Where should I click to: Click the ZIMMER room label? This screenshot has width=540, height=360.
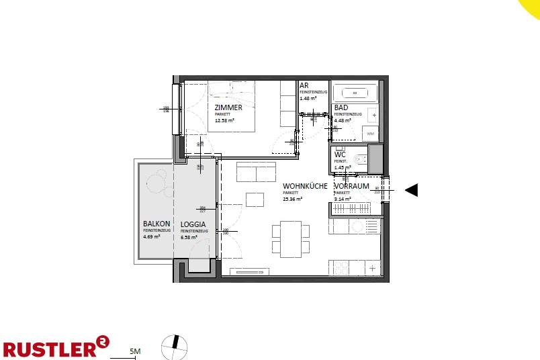(228, 107)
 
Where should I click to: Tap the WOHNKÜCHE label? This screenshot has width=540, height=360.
(305, 186)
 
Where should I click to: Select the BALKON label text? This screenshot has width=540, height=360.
(156, 224)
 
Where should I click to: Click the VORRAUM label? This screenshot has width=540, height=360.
(351, 186)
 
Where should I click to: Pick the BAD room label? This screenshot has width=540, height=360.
(341, 107)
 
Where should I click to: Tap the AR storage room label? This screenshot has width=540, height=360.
(304, 86)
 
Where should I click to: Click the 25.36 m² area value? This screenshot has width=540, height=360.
(292, 199)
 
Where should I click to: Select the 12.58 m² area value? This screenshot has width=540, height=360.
(224, 121)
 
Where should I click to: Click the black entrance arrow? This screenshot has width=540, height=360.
(412, 190)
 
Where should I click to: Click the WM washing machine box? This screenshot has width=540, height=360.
(371, 134)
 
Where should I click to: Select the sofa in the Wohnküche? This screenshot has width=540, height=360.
(256, 171)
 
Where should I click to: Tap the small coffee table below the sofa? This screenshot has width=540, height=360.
(255, 199)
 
